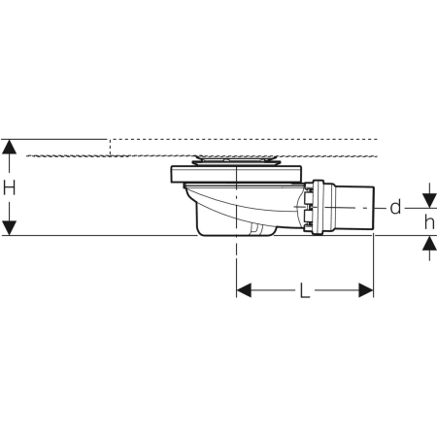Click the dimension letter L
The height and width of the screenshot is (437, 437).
(x=304, y=290)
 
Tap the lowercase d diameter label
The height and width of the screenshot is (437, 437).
(x=395, y=207)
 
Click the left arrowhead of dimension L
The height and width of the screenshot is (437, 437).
(x=246, y=290)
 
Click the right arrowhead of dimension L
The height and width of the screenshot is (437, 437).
(x=365, y=290)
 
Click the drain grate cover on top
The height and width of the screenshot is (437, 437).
(x=236, y=158)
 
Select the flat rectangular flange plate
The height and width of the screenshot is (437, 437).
(x=237, y=175)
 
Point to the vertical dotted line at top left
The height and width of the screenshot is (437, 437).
(x=111, y=147)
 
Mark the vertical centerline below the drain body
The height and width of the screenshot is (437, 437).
(x=236, y=262)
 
